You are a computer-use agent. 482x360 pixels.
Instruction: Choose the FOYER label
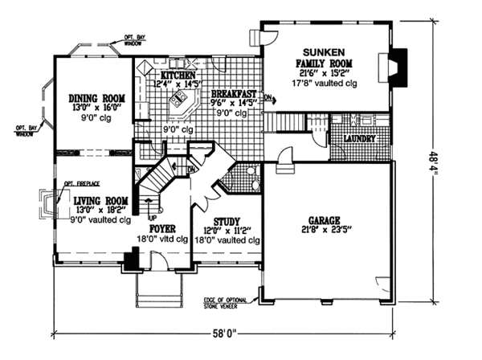(x=161, y=228)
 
